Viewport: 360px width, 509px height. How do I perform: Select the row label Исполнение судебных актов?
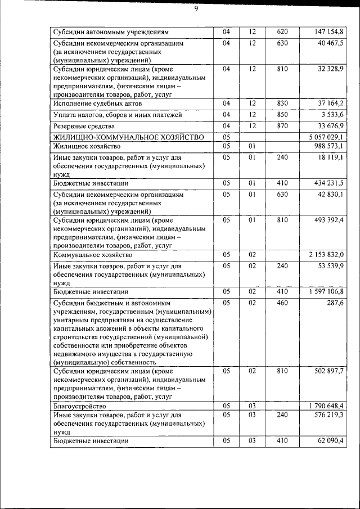pyautogui.click(x=97, y=103)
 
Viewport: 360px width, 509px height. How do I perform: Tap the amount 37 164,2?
pyautogui.click(x=330, y=103)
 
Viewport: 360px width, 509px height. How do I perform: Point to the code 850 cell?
pyautogui.click(x=282, y=114)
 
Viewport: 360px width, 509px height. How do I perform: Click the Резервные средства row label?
pyautogui.click(x=84, y=125)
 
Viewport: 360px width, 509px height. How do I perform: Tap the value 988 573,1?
pyautogui.click(x=328, y=146)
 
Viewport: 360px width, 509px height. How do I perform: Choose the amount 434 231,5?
pyautogui.click(x=328, y=183)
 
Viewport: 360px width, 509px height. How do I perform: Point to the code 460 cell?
pyautogui.click(x=282, y=303)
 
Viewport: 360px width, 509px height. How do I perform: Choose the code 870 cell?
pyautogui.click(x=282, y=125)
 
